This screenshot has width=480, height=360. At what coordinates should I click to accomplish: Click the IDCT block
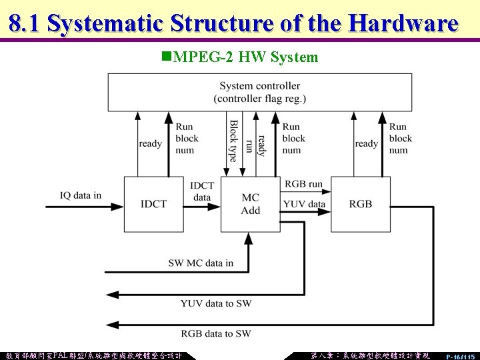tap(153, 204)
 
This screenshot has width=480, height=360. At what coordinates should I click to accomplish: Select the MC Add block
tap(251, 204)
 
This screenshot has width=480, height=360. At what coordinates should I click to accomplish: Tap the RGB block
tap(361, 204)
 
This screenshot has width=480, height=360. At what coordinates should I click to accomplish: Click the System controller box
tap(259, 92)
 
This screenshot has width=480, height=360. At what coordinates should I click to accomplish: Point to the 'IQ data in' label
tap(81, 195)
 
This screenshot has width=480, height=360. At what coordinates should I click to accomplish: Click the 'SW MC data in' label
tap(201, 263)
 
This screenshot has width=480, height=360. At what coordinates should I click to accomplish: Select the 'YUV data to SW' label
tap(216, 304)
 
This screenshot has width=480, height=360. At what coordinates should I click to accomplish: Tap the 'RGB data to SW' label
tap(216, 333)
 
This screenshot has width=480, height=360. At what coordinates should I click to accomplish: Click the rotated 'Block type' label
tap(233, 141)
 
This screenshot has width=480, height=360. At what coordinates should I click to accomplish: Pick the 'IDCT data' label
tap(202, 191)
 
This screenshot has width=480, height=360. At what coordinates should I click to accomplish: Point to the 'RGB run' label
tap(303, 184)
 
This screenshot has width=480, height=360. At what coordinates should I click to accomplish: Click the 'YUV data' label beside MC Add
tap(305, 204)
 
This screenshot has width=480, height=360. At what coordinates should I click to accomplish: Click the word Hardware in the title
tap(403, 24)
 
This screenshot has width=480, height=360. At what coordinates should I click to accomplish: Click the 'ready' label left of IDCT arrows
tap(150, 143)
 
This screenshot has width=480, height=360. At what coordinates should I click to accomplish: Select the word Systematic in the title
tap(105, 24)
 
